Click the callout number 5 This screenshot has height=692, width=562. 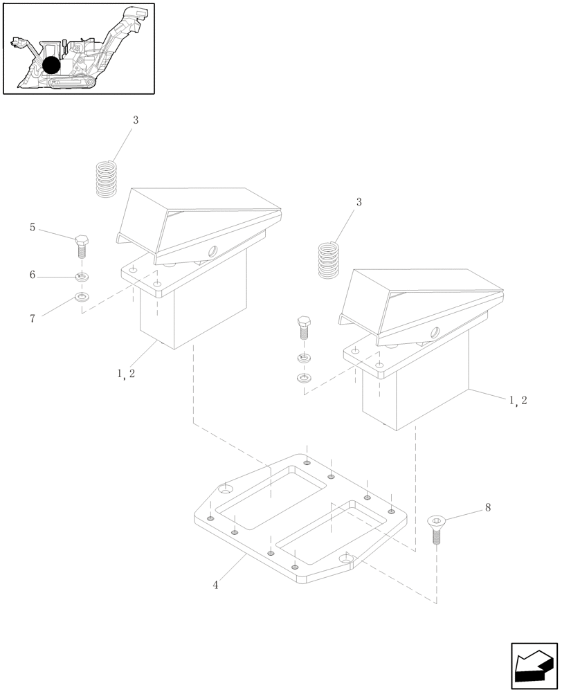pos(33,227)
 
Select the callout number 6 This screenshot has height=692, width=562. pos(33,275)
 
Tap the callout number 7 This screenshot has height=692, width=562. pos(33,318)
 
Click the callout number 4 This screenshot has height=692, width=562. pos(216,585)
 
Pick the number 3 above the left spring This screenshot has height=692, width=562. pos(136,120)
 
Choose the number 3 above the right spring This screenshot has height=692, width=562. pos(359,202)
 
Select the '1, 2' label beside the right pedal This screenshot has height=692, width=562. pos(518,401)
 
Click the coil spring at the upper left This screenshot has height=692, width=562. pos(106,179)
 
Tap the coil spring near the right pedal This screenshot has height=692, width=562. pos(330,259)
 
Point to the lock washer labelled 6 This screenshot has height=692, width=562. pos(82,278)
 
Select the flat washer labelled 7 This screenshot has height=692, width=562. pos(82,298)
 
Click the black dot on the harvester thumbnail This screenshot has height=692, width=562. pos(51,65)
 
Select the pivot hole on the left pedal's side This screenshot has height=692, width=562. pos(212,250)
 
